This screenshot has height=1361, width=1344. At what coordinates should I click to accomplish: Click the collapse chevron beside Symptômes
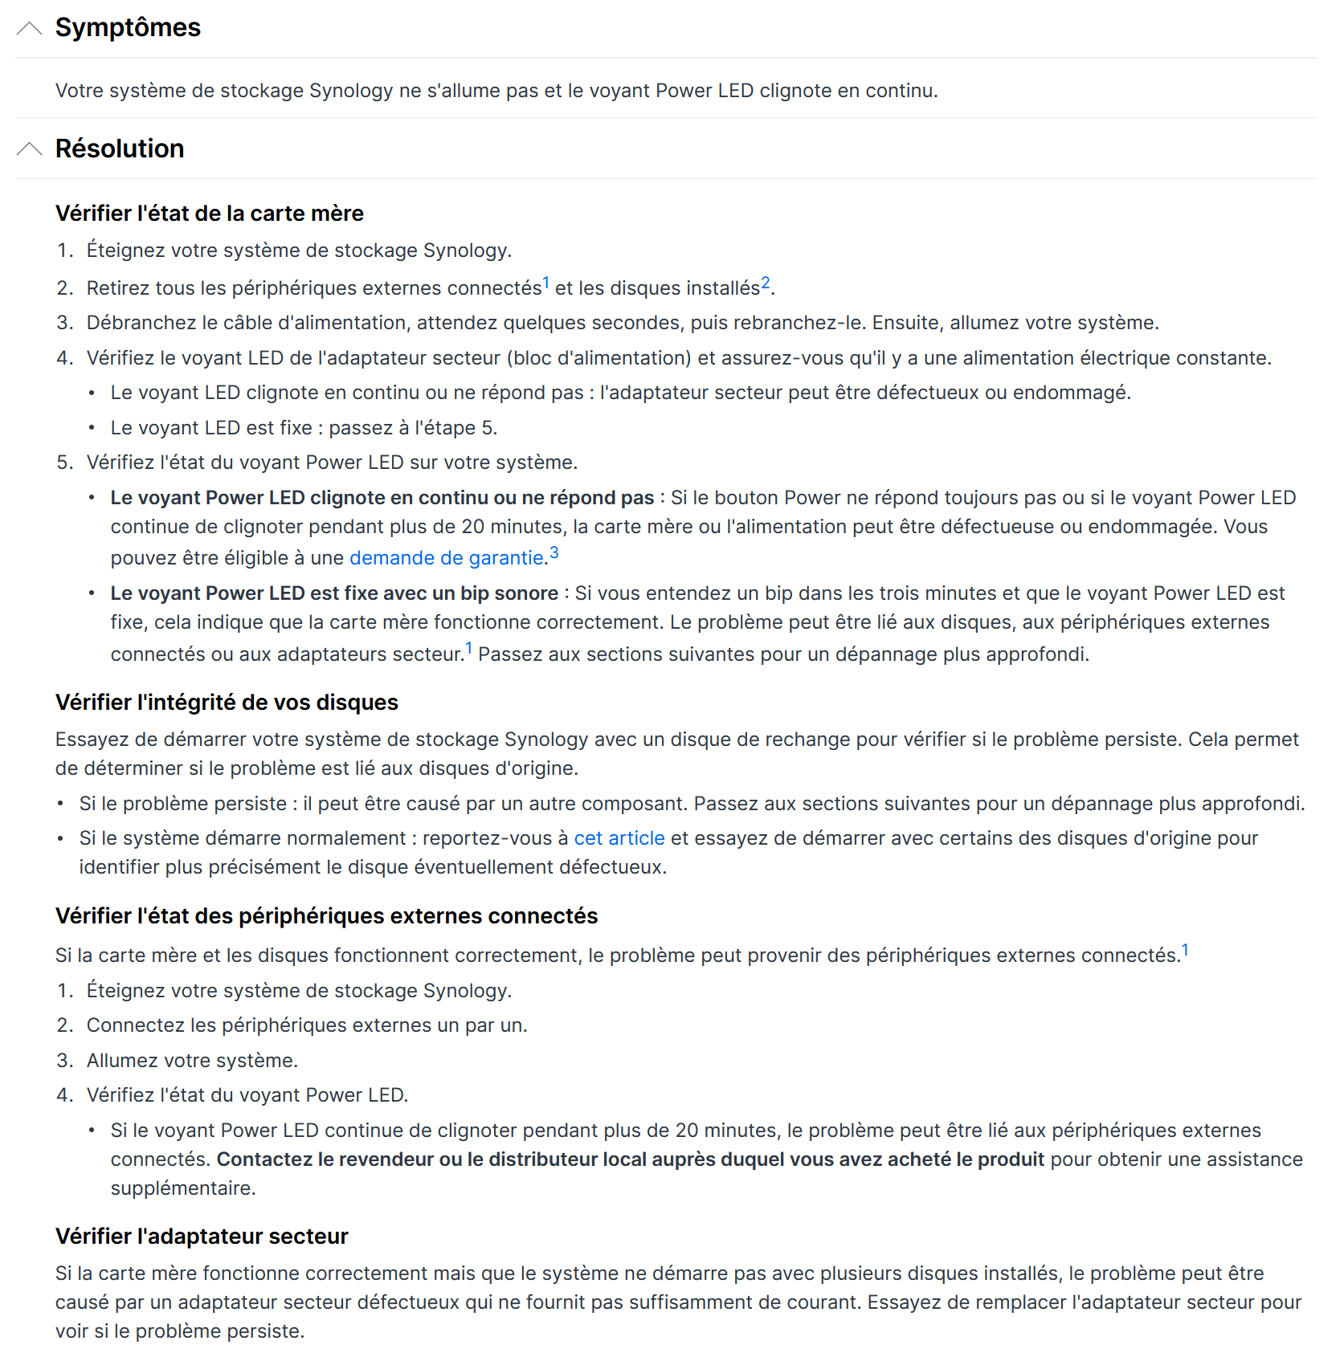coord(29,29)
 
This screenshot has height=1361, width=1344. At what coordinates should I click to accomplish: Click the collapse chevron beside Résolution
coord(29,149)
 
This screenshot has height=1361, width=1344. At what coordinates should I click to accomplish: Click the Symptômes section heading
coord(128,28)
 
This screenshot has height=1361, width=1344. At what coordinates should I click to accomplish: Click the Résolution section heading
coord(120,149)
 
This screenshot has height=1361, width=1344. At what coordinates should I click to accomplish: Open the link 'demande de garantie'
coord(447,558)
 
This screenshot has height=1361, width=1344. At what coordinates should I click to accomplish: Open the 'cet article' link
coord(619,838)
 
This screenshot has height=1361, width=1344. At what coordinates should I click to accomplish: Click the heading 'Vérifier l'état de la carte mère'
coord(209,214)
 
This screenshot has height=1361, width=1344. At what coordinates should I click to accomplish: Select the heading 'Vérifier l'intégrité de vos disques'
coord(227,703)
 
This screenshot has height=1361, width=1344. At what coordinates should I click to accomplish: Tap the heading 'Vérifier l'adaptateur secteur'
coord(202,1237)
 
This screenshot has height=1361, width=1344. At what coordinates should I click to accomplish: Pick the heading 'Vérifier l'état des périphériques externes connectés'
coord(326,916)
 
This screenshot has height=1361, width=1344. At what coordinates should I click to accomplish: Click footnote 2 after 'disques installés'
coord(766,283)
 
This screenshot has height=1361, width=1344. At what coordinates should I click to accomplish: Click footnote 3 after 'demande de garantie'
coord(554,552)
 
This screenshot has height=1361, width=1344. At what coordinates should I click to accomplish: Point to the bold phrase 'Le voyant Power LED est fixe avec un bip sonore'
coord(334,593)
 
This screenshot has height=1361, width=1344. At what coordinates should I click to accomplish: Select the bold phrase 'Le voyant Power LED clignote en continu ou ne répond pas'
coord(382,498)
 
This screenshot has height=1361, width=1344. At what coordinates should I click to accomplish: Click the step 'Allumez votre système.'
coord(192,1061)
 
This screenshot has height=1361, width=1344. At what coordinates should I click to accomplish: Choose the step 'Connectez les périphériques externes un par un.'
coord(307,1025)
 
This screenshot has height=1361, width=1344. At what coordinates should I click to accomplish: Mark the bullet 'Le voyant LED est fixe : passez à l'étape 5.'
coord(304,428)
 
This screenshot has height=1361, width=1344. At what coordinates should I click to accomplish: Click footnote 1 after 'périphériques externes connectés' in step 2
coord(546,283)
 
